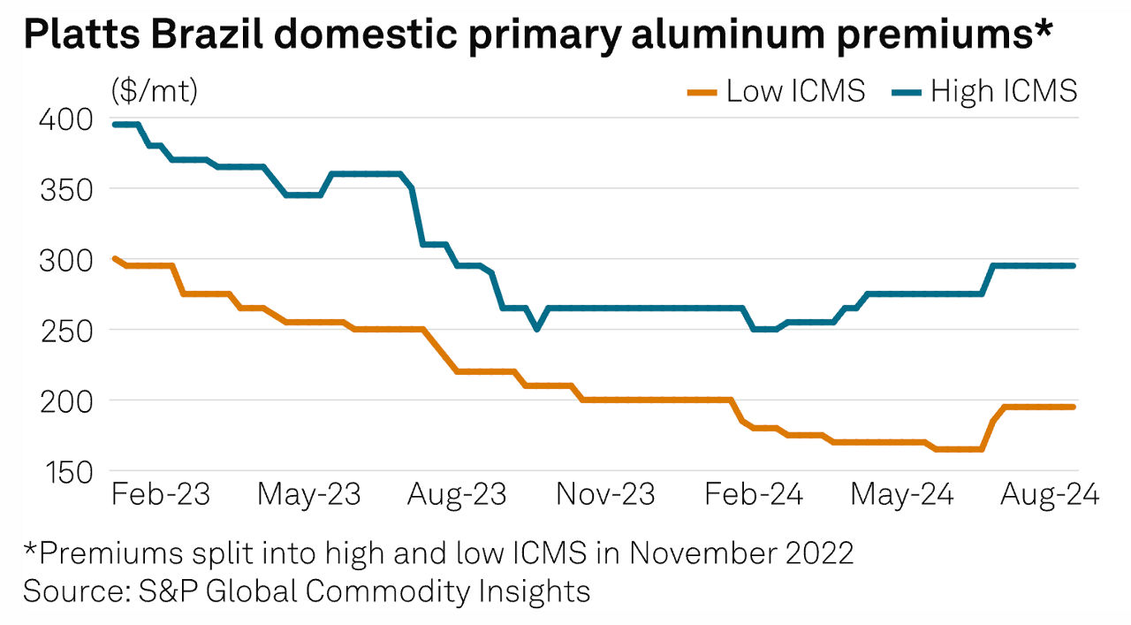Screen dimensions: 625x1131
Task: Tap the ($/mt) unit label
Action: click(x=155, y=90)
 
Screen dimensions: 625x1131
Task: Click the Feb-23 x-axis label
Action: click(x=161, y=494)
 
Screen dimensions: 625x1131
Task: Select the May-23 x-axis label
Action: click(x=309, y=494)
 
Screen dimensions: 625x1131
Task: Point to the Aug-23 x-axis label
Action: click(x=457, y=494)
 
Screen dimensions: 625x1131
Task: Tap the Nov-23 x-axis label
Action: click(x=605, y=494)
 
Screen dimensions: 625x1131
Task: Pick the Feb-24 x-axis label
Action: click(x=754, y=494)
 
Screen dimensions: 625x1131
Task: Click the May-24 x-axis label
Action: click(x=901, y=494)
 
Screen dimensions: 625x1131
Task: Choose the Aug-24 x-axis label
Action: click(x=1049, y=494)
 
